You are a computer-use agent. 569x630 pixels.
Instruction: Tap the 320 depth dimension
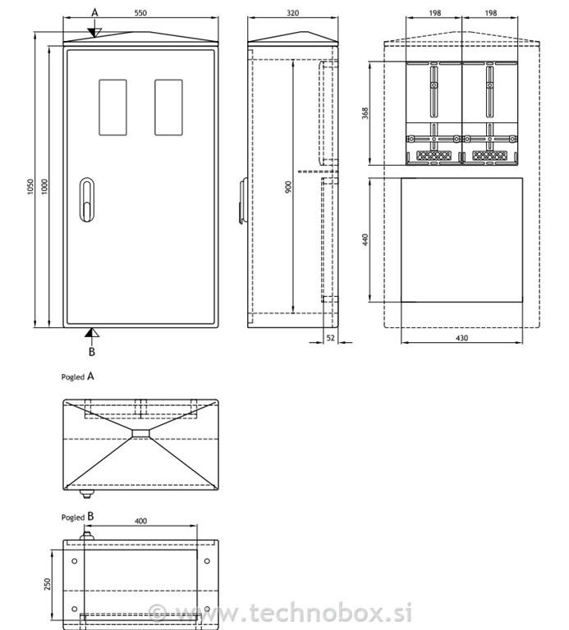(293, 14)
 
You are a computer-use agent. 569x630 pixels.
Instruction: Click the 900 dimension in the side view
(287, 187)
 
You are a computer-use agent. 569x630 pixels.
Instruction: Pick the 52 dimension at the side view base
(330, 337)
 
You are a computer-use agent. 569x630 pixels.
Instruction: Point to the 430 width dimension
(461, 338)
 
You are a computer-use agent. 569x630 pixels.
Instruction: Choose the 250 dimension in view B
(48, 583)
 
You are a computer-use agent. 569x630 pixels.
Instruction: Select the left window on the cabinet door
(112, 107)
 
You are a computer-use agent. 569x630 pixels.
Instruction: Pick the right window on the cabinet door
(168, 107)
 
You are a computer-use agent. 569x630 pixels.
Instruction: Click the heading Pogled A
(79, 377)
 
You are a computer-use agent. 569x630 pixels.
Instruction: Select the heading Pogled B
(79, 518)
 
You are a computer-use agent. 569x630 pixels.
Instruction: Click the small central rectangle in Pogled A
(140, 433)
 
